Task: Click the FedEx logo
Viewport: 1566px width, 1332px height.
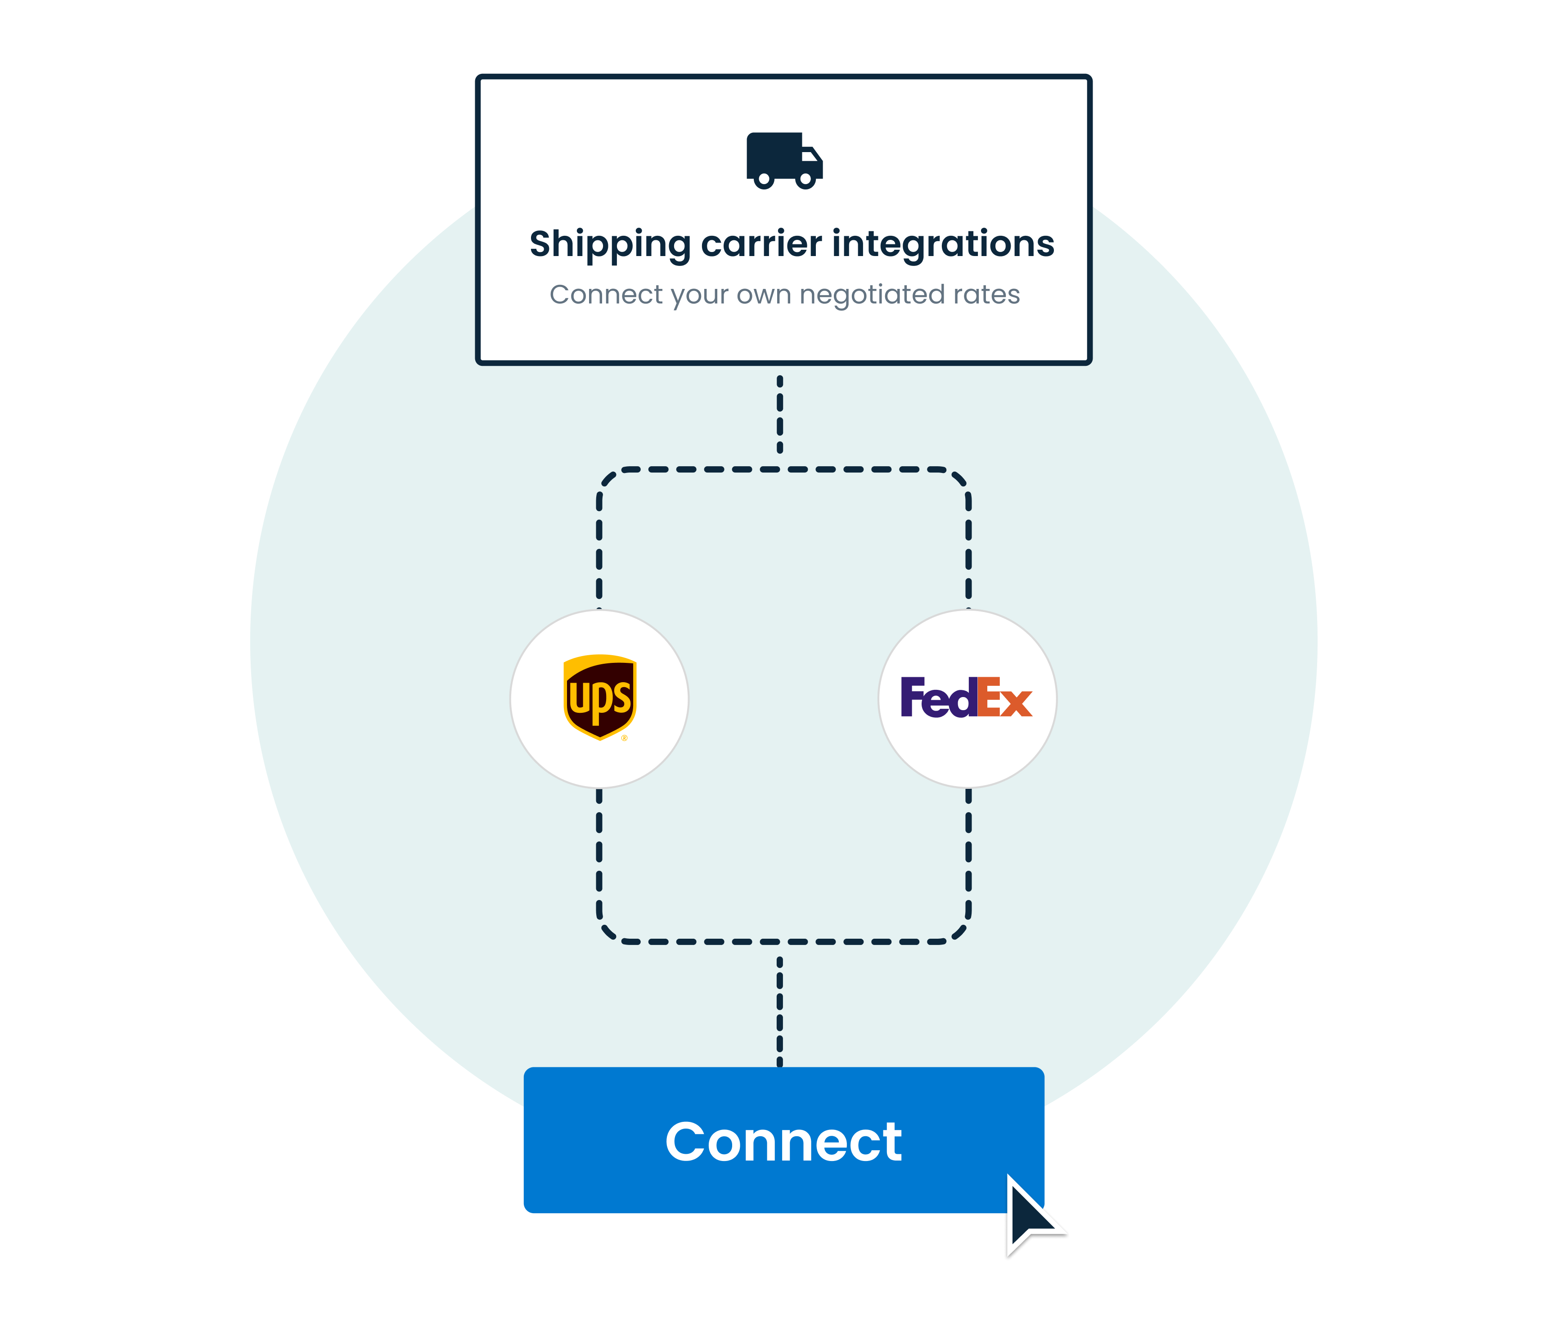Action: pyautogui.click(x=967, y=697)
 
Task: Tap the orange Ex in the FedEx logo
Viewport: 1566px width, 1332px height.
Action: pyautogui.click(x=1004, y=697)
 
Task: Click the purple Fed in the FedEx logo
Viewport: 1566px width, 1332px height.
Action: pyautogui.click(x=938, y=697)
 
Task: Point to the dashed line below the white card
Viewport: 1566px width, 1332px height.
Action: pyautogui.click(x=780, y=414)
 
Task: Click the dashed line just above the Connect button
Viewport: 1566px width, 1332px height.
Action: pyautogui.click(x=780, y=1012)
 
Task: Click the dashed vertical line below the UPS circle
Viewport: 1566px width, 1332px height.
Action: pyautogui.click(x=599, y=853)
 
